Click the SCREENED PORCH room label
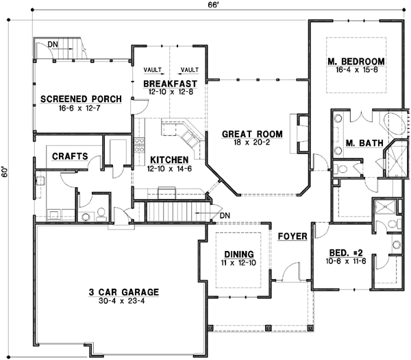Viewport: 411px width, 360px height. [x=81, y=99]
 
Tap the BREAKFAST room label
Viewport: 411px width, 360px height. [x=168, y=84]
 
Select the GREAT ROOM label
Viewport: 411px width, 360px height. [x=248, y=135]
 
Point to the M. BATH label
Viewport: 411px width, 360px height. [x=359, y=144]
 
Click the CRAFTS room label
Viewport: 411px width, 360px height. [x=70, y=156]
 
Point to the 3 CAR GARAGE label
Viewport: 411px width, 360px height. [x=123, y=292]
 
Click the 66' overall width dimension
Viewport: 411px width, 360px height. [x=214, y=5]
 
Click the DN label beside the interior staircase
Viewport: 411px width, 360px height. [x=225, y=217]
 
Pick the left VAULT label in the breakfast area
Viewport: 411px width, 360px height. [x=152, y=70]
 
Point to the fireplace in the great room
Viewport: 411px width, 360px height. [x=299, y=135]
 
